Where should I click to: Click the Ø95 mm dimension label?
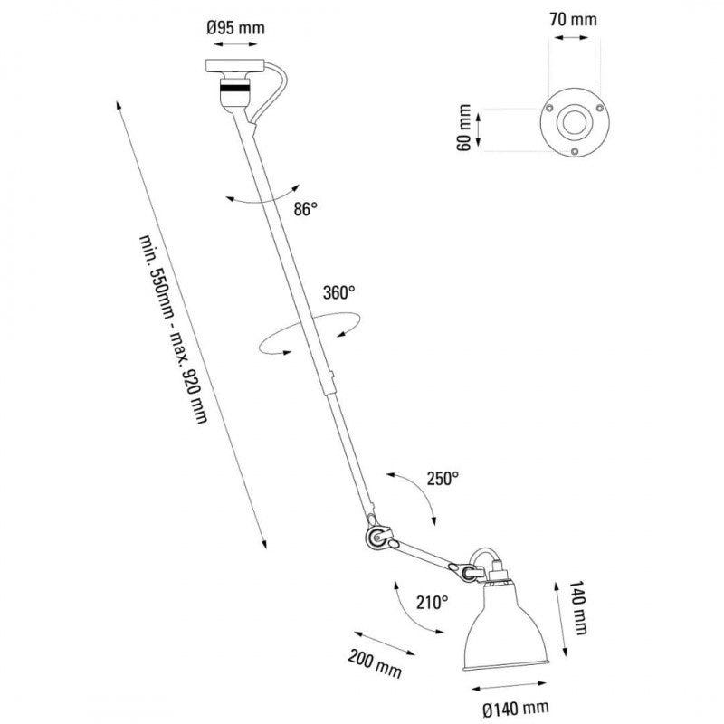click(236, 28)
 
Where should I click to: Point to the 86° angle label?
click(306, 209)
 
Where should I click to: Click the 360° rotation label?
click(338, 292)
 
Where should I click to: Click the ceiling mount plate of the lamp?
click(235, 66)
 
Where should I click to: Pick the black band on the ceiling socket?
click(234, 90)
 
